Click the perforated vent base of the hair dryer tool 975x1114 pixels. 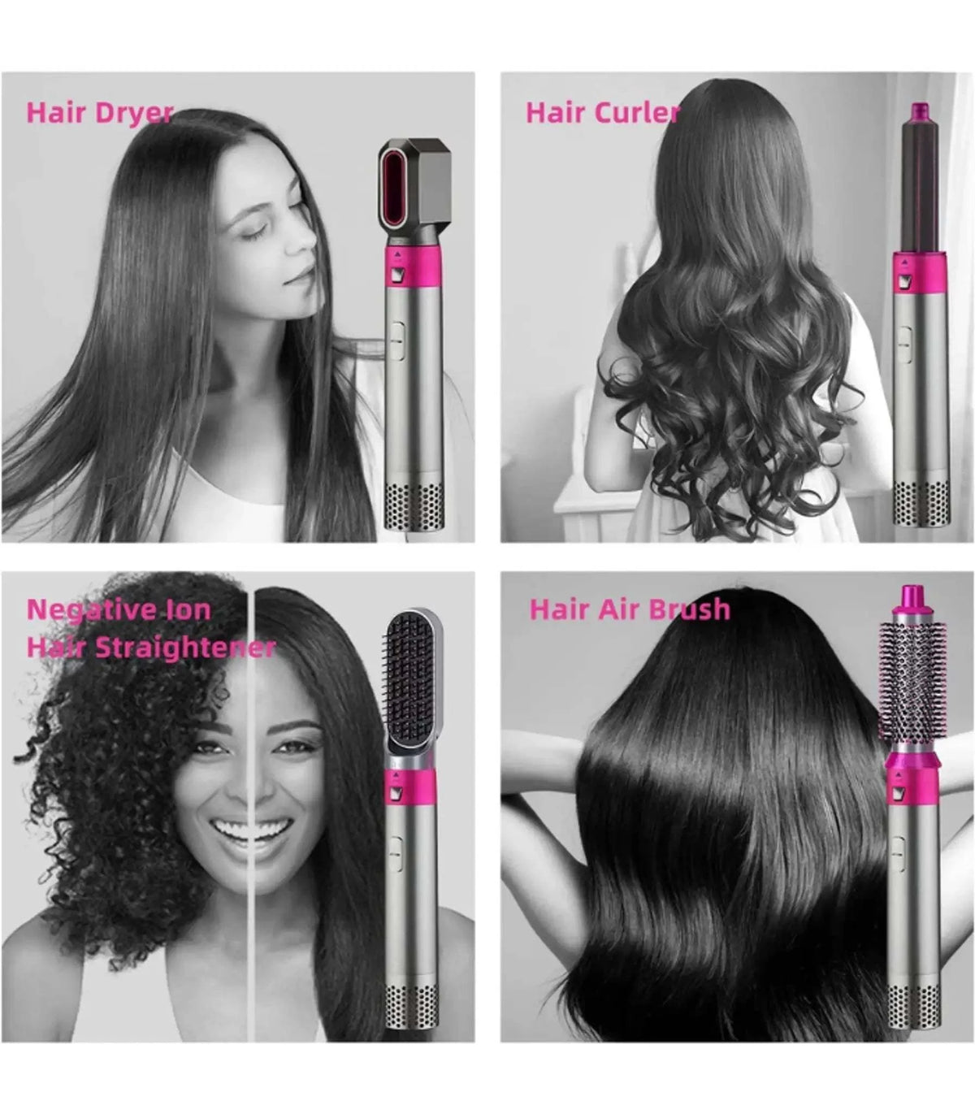pos(414,505)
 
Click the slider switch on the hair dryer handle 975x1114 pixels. pos(396,340)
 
